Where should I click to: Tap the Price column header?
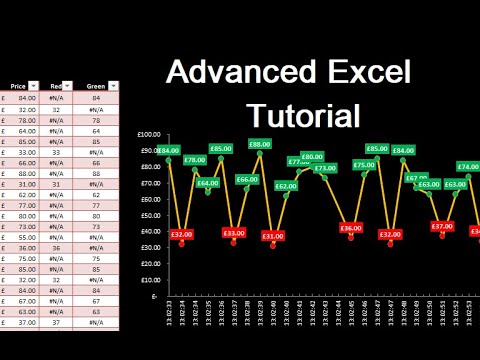click(19, 86)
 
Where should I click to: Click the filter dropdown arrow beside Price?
click(35, 86)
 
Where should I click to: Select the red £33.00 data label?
click(234, 233)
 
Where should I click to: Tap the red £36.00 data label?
click(351, 228)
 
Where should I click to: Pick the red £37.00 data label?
click(442, 226)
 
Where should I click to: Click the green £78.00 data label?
click(195, 160)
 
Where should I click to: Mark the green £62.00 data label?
click(286, 186)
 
